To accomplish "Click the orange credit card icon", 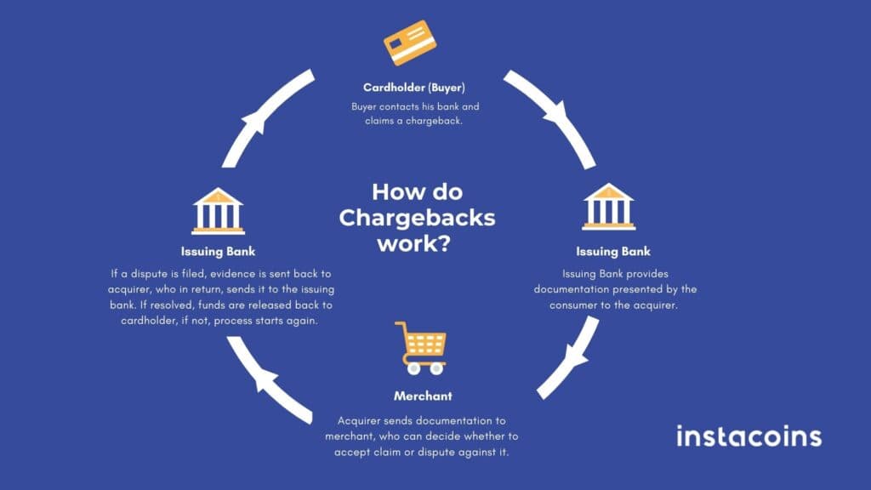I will point(412,43).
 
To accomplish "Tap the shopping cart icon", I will point(422,348).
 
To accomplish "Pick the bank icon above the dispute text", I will point(218,210).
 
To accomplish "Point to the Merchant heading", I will point(423,396).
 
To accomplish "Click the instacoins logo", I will point(749,436).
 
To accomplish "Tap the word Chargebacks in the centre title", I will point(417,217).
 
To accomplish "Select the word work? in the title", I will point(417,244).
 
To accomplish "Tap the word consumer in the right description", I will point(593,305).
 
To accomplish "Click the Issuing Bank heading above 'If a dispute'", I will point(218,252).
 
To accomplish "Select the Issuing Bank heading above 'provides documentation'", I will point(612,252).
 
